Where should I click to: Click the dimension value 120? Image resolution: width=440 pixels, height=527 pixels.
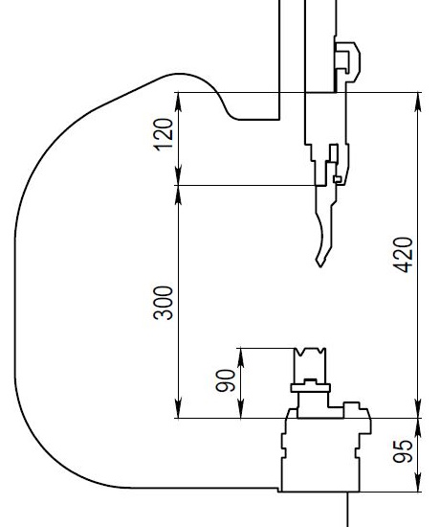tap(164, 134)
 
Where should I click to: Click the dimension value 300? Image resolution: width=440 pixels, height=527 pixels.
tap(164, 303)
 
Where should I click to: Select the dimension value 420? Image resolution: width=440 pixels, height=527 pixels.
tap(403, 255)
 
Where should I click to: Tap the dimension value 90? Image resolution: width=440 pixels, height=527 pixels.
tap(226, 380)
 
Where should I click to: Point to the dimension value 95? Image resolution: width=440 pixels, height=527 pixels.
tap(403, 451)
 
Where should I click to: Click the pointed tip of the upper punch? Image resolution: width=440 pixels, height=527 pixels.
tap(320, 267)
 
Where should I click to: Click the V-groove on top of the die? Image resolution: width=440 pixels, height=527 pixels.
tap(310, 352)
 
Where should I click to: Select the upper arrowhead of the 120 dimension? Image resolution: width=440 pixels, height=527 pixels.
tap(178, 102)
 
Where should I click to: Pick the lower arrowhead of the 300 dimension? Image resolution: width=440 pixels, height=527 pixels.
tap(178, 409)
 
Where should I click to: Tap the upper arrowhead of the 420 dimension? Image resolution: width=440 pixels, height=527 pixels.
tap(418, 102)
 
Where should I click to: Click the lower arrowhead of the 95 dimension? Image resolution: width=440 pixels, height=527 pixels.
tap(418, 482)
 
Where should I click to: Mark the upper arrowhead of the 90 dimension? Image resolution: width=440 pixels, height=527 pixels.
tap(241, 357)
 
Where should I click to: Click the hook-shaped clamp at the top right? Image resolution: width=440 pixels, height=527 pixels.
tap(347, 62)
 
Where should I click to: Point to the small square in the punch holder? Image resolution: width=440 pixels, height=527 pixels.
tap(338, 179)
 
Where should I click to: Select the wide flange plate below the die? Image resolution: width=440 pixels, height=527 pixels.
tap(311, 388)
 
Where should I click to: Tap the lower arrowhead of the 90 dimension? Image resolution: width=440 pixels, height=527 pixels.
tap(241, 409)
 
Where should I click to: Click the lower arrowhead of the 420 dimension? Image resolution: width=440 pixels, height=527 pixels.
tap(418, 409)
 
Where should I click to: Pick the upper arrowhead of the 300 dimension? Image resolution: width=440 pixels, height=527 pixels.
tap(178, 195)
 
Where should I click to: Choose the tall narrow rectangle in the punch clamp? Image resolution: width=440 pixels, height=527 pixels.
tap(334, 153)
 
